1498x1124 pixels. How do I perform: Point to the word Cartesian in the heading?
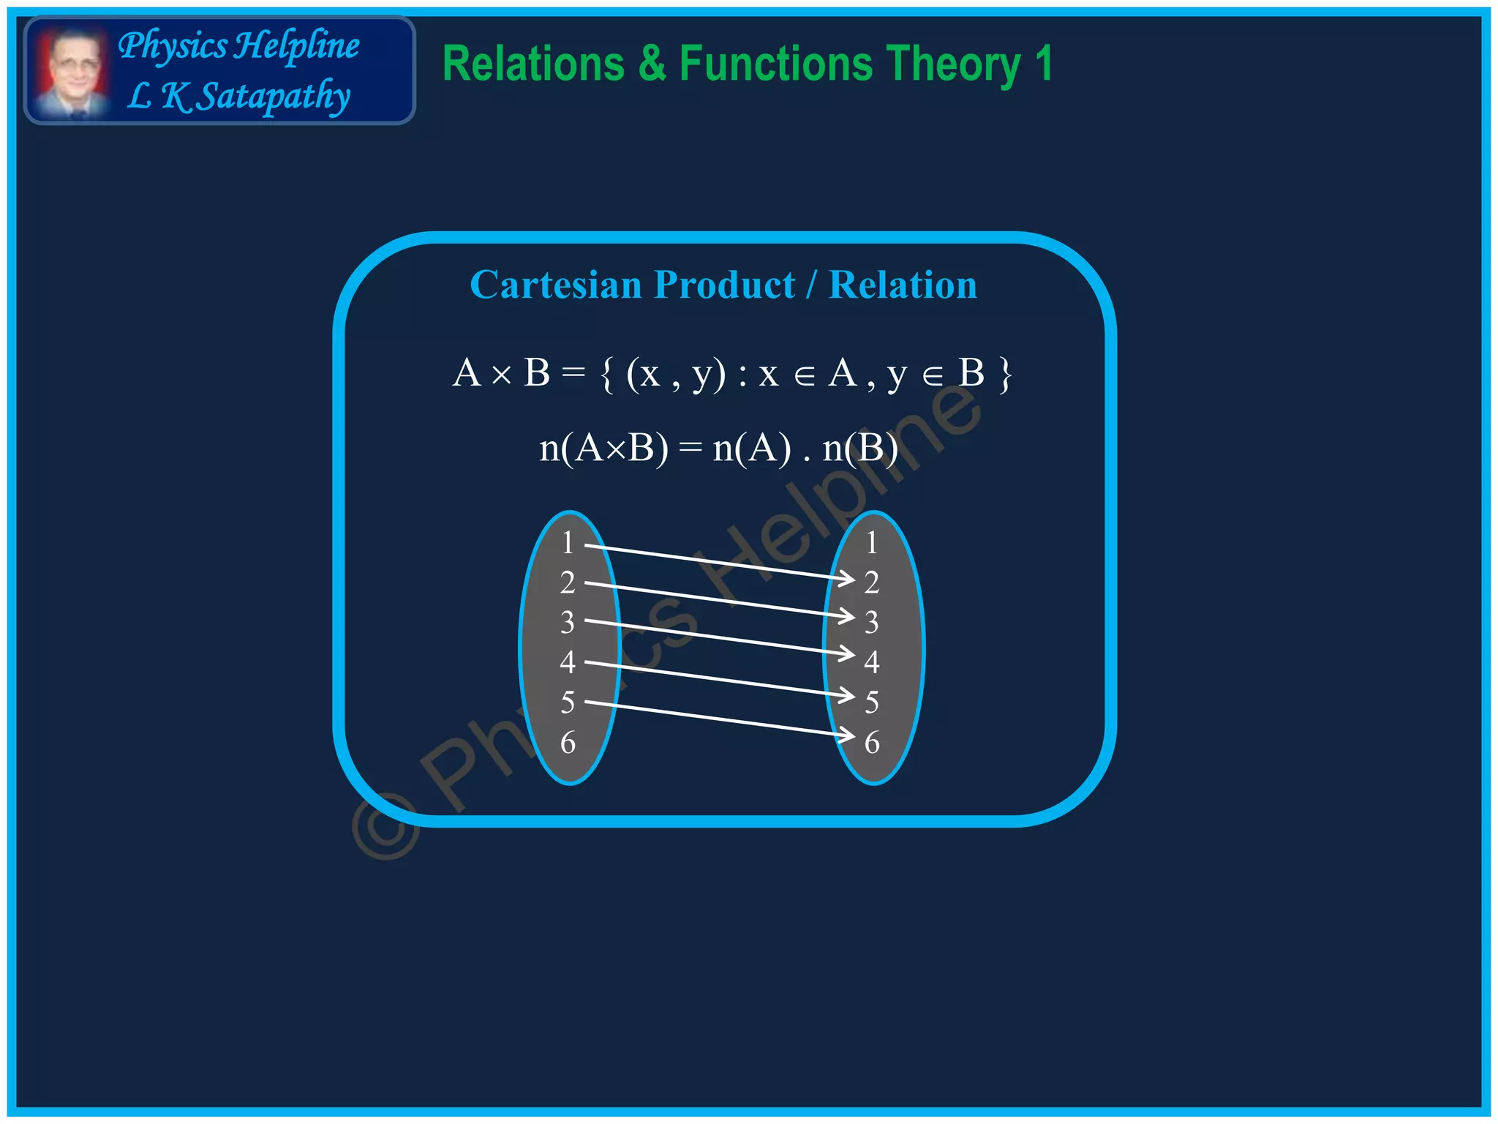click(x=555, y=285)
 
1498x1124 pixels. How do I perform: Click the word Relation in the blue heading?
click(x=903, y=285)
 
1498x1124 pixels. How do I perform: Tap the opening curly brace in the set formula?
click(x=606, y=375)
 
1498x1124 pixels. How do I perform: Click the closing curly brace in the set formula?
click(x=1006, y=375)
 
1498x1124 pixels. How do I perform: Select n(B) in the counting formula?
click(x=860, y=448)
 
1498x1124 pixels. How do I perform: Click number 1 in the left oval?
click(x=568, y=543)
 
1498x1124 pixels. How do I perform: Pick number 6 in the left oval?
click(x=568, y=743)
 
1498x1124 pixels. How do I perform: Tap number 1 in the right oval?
click(x=871, y=543)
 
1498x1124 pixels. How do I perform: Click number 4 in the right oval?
click(x=871, y=662)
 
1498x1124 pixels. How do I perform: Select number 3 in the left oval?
click(x=568, y=623)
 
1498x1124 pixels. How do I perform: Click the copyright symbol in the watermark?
click(x=386, y=826)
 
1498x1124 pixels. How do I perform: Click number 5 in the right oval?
click(x=871, y=702)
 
